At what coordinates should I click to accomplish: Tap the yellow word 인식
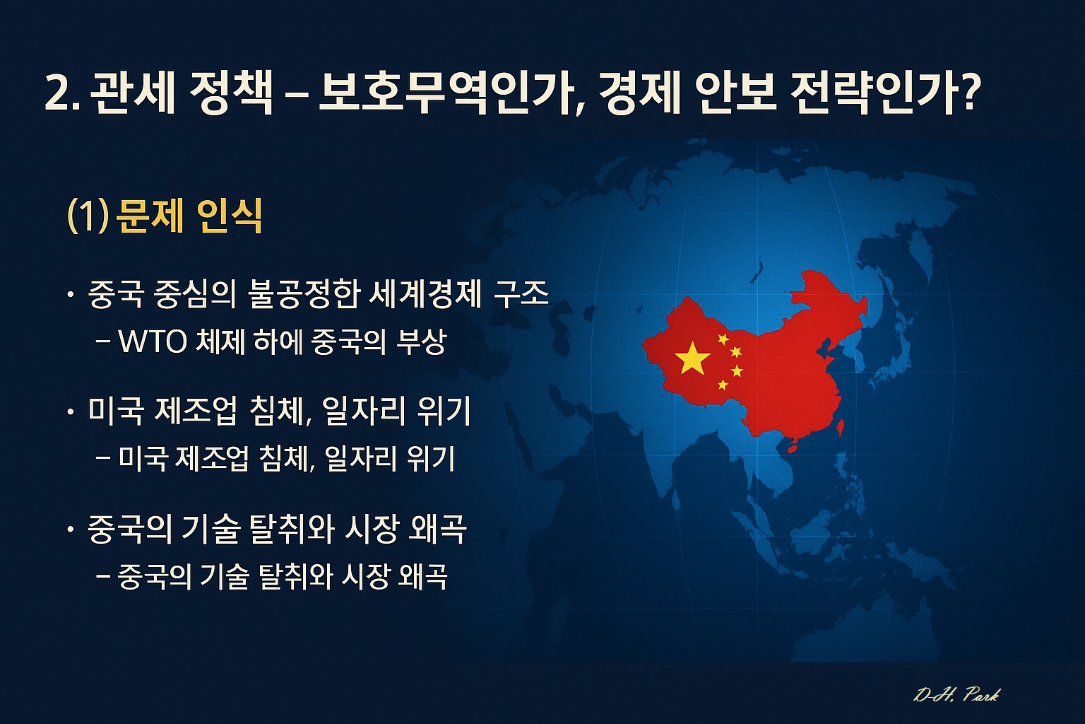tap(230, 216)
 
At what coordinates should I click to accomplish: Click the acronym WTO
tap(153, 342)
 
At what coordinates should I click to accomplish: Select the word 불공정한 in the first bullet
tap(304, 294)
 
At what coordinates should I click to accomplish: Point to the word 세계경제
tap(425, 294)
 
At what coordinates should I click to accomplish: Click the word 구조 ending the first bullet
tap(521, 294)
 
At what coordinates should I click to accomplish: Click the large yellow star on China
tap(692, 358)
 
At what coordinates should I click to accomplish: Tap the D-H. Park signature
tap(956, 695)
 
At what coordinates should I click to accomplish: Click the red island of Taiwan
tap(841, 427)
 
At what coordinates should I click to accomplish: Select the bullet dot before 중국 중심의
tap(71, 294)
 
